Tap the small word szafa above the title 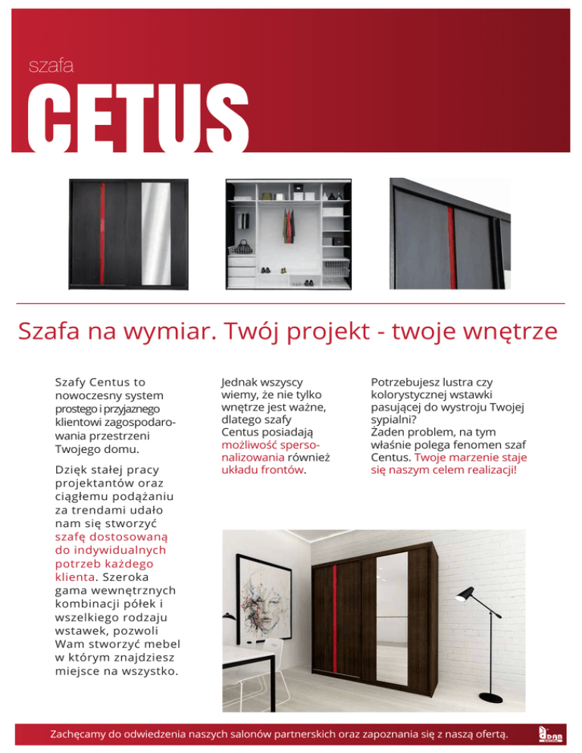(x=50, y=67)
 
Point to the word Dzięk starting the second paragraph (x=70, y=470)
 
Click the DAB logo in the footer (x=549, y=733)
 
